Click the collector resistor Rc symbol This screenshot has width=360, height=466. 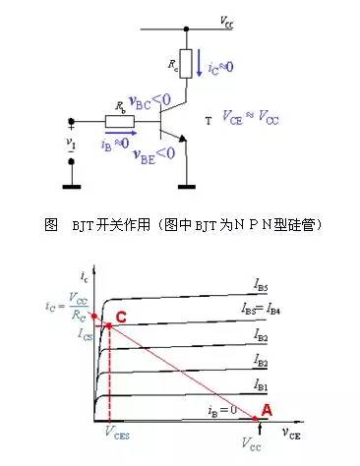(184, 66)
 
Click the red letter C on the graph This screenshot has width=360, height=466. (121, 317)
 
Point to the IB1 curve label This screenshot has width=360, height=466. (260, 382)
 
